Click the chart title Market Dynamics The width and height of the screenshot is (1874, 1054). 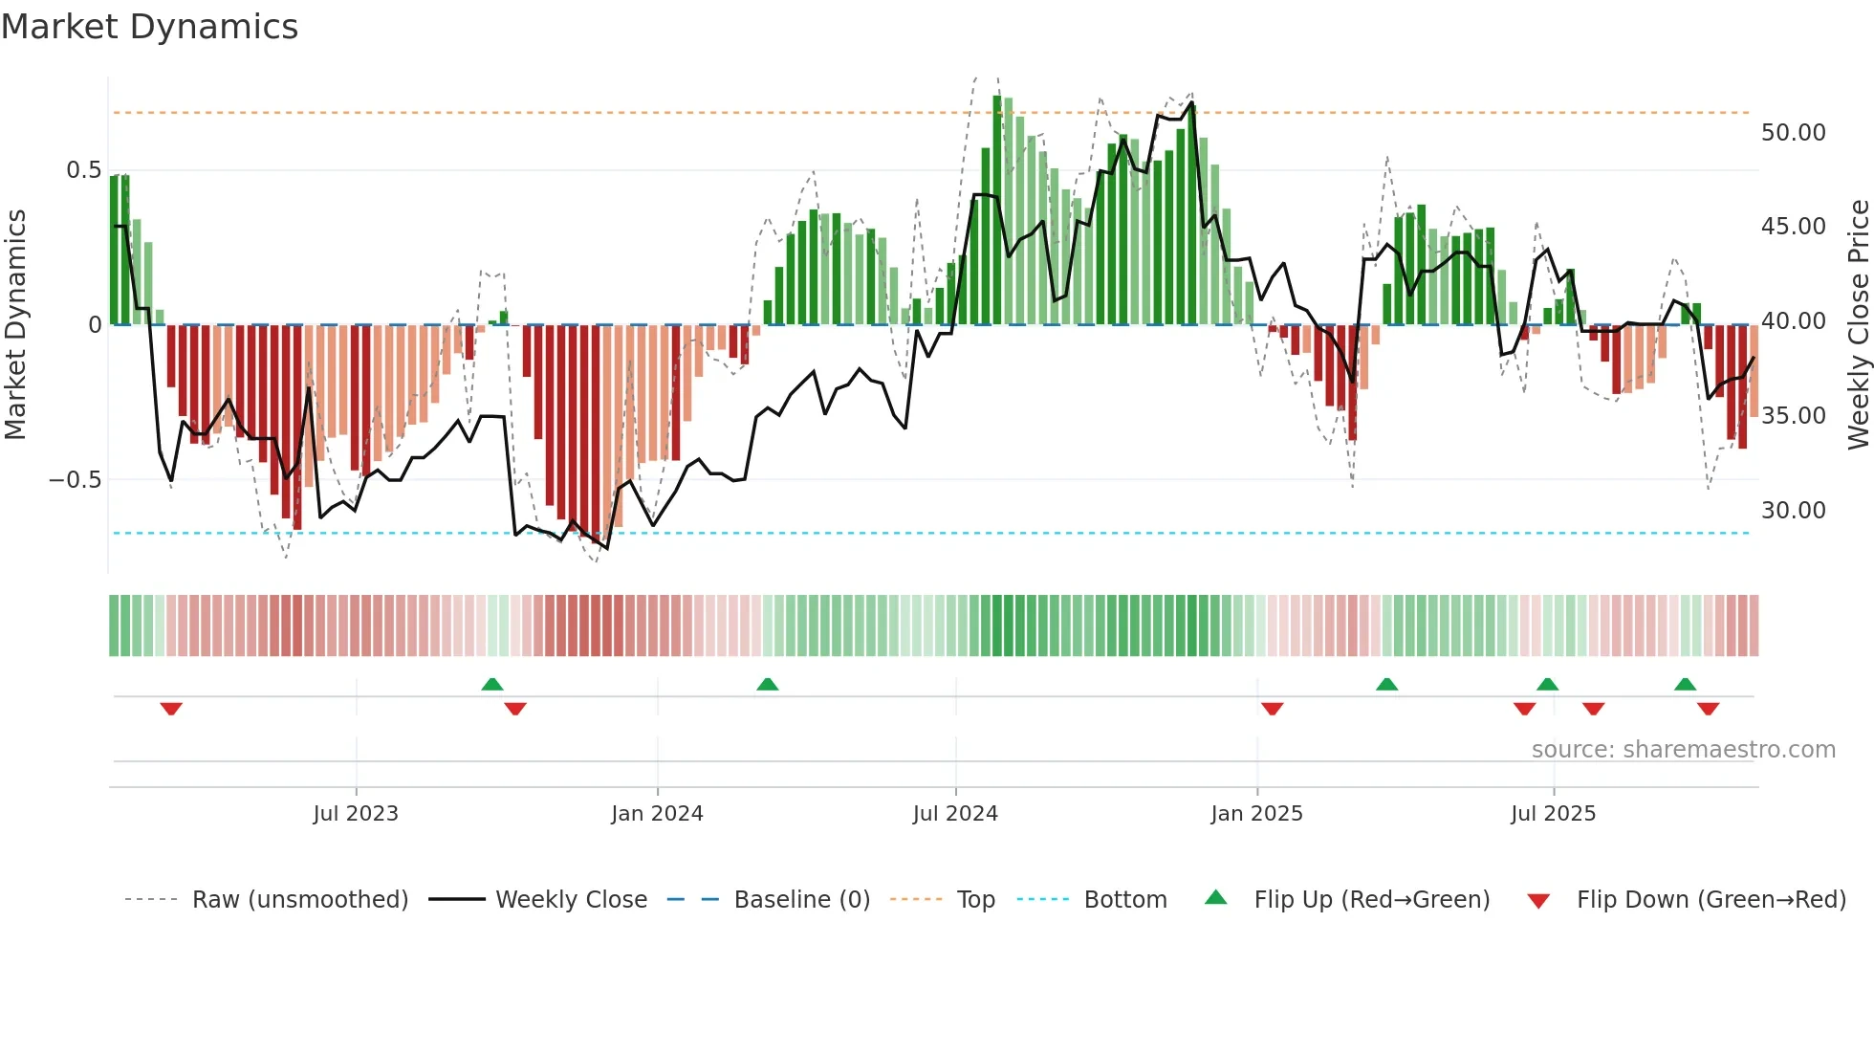click(x=149, y=27)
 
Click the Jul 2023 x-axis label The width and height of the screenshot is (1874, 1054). click(x=356, y=814)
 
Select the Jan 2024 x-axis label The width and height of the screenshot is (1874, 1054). click(x=657, y=814)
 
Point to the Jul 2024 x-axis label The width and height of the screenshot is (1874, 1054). click(x=955, y=814)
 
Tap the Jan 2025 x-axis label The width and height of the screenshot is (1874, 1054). click(x=1256, y=814)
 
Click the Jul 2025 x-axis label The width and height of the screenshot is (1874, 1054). click(x=1553, y=814)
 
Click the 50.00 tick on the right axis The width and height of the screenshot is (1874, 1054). click(x=1793, y=133)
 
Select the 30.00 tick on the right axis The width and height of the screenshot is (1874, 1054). click(x=1793, y=511)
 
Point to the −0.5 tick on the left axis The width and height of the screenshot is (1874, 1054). click(x=75, y=480)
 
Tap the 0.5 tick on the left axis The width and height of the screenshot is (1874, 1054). click(x=83, y=170)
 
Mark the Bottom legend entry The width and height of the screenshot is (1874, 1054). click(x=1124, y=900)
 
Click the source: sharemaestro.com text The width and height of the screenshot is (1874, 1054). click(x=1683, y=750)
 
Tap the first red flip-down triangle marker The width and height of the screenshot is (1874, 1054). click(x=171, y=709)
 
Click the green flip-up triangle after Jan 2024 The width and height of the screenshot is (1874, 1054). click(x=767, y=684)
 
